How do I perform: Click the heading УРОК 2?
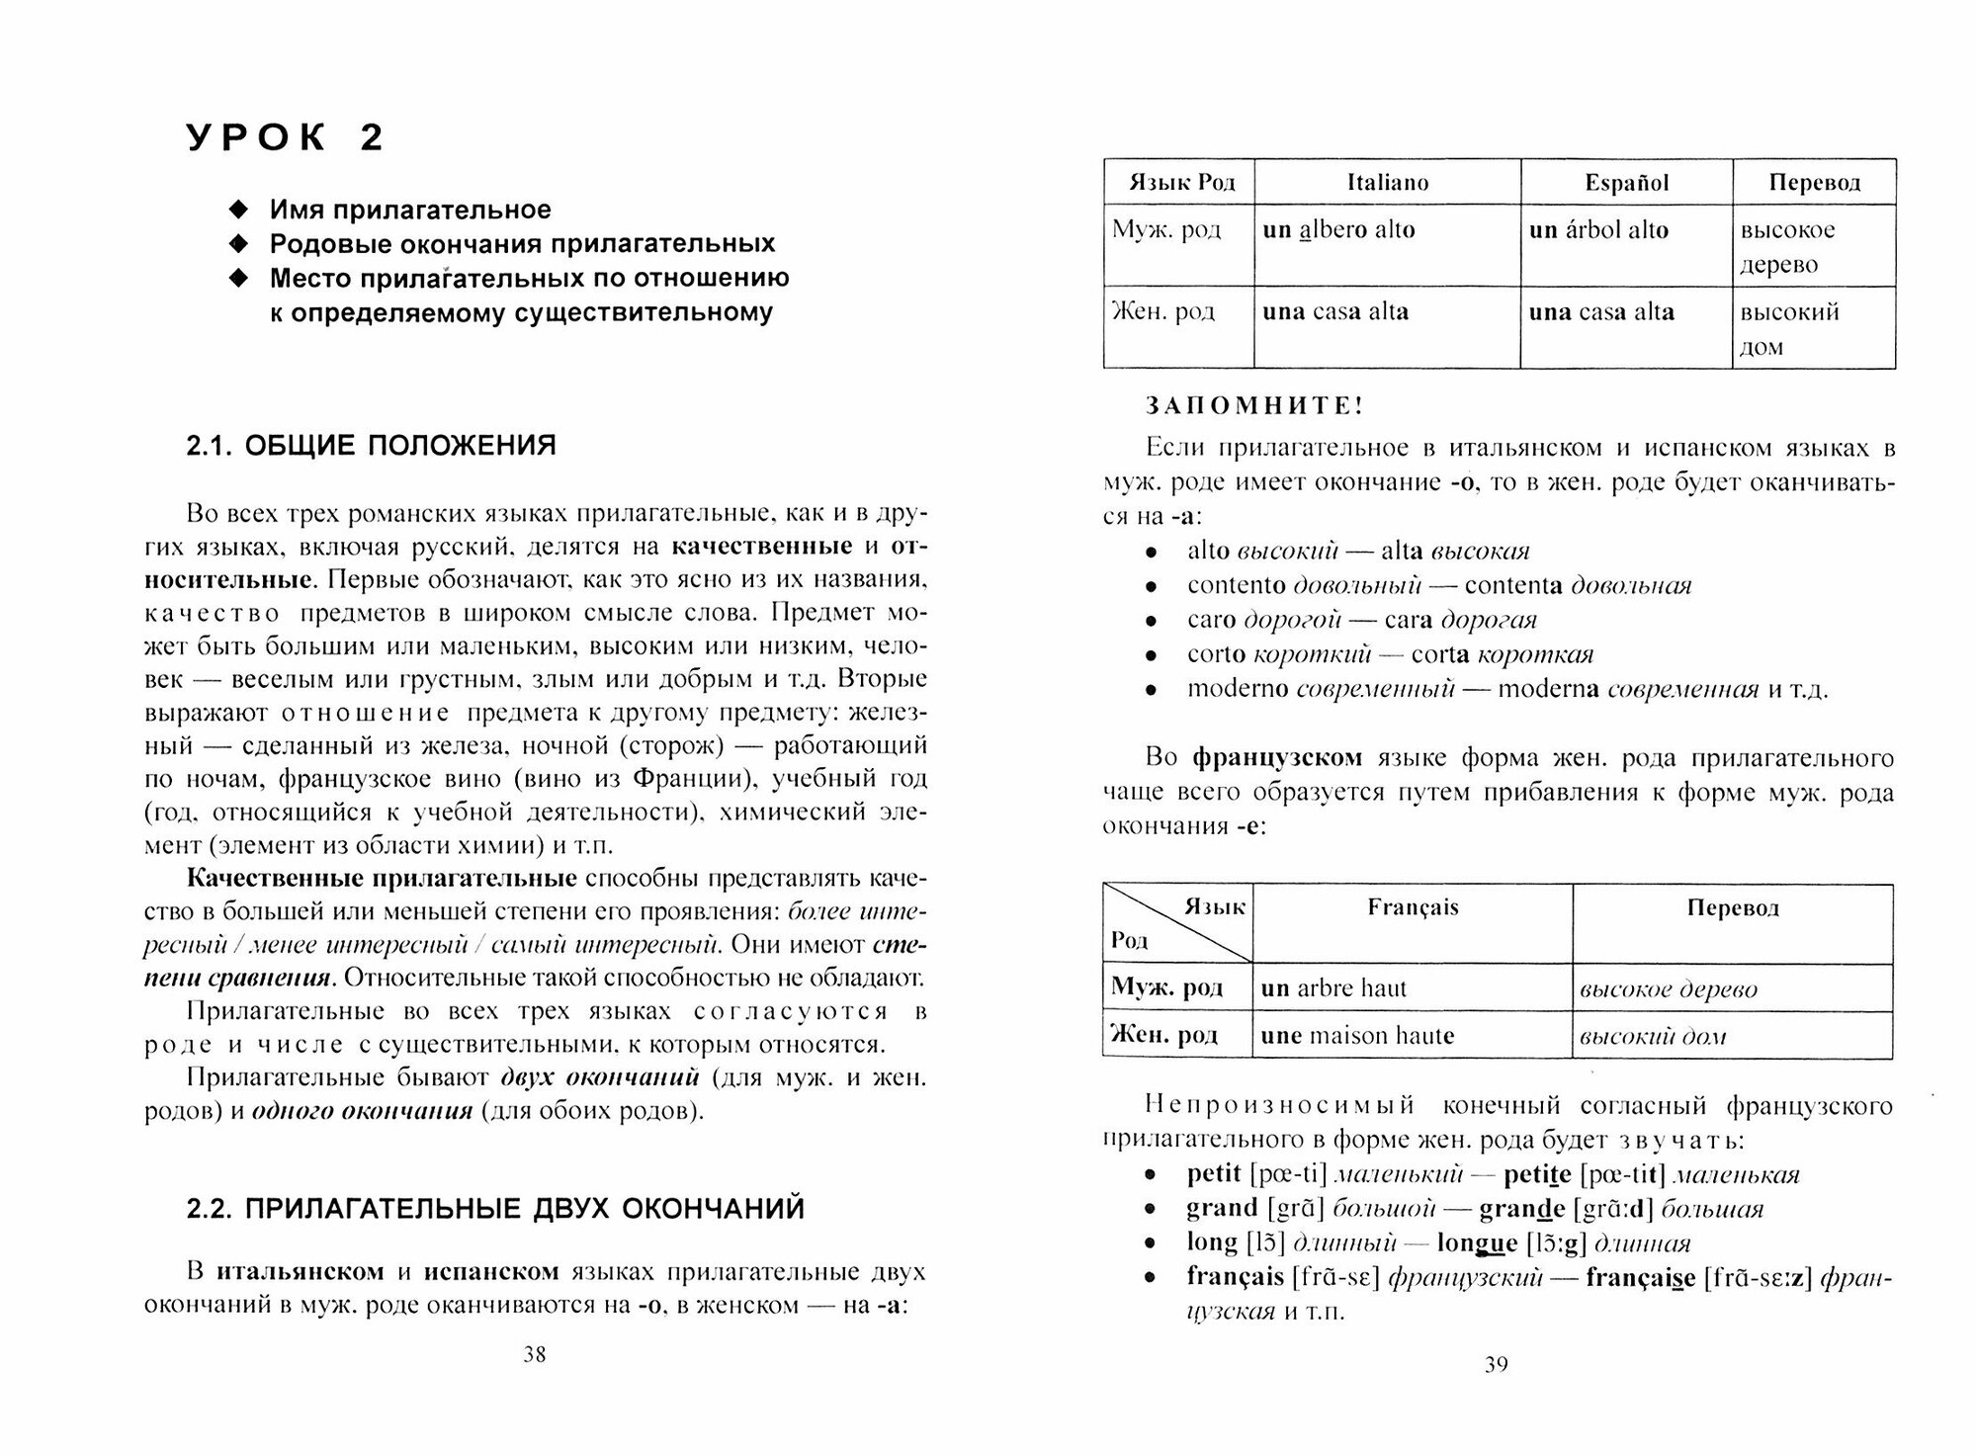(286, 138)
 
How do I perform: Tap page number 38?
(534, 1354)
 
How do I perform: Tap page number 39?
(1496, 1365)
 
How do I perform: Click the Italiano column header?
(1387, 183)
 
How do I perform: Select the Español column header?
(1626, 183)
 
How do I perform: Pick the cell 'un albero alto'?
(1338, 230)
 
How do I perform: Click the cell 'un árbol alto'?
(1598, 230)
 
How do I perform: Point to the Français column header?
(1413, 907)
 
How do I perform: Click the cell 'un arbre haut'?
(1333, 988)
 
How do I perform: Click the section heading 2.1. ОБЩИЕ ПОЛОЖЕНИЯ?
(371, 446)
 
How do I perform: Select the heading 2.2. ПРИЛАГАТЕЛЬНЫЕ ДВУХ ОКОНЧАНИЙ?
(495, 1209)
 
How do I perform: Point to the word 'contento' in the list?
(1236, 586)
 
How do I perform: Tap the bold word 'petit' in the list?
(1214, 1173)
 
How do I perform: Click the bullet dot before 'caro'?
(1150, 622)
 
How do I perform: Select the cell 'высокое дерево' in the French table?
(1669, 989)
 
